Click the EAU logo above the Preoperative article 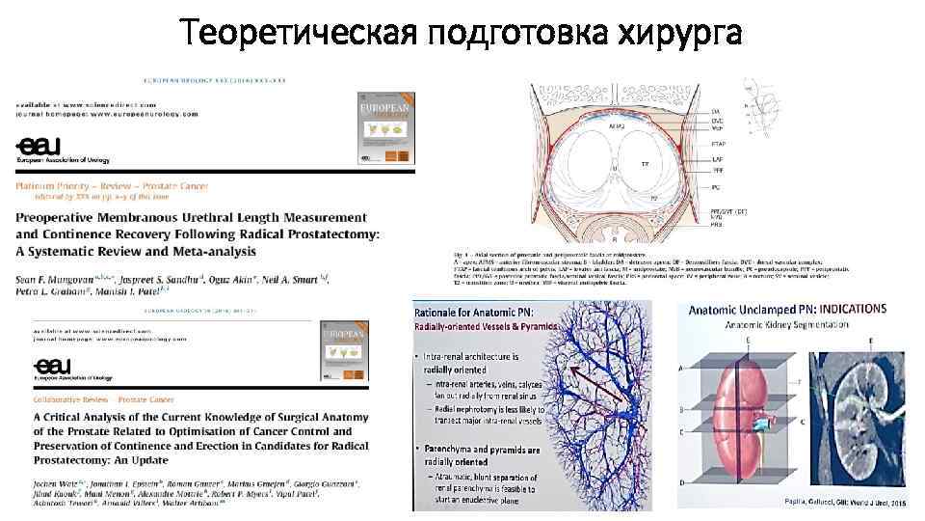coord(39,145)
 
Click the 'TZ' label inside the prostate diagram coord(645,164)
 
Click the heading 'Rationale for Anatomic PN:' coord(477,313)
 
